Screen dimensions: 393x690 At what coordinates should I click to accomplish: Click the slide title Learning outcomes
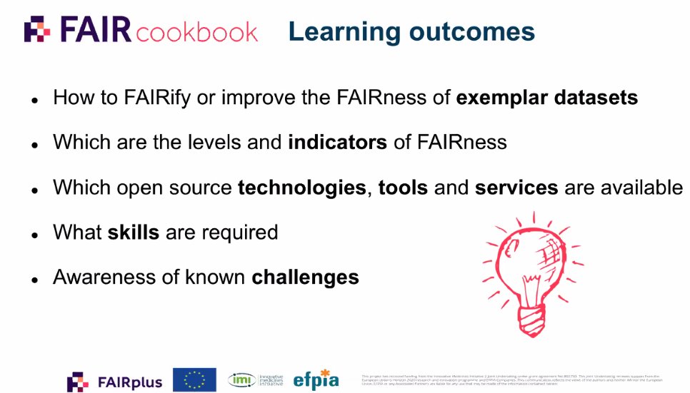coord(411,31)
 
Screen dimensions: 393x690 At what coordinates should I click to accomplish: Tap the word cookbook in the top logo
coord(196,32)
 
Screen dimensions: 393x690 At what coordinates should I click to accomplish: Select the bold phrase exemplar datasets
coord(546,97)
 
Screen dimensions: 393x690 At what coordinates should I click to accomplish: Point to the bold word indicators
coord(337,142)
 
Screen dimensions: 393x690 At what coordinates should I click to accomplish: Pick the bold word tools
coord(403,188)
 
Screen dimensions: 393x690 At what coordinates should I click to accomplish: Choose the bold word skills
coord(133,232)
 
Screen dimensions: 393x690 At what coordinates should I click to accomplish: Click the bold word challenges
coord(305,276)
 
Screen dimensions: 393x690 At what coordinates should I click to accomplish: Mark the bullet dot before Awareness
coord(34,279)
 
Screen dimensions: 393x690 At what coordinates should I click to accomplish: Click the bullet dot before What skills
coord(34,235)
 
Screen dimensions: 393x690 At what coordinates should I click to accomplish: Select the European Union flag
coord(194,379)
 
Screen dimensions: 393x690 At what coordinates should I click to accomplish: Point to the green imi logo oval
coord(241,379)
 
